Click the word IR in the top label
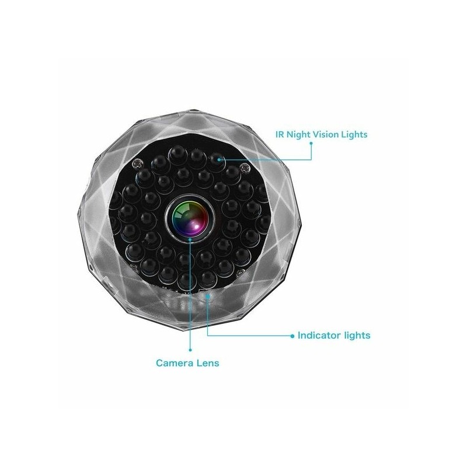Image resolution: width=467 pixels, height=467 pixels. click(x=280, y=134)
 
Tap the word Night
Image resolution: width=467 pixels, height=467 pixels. click(x=298, y=135)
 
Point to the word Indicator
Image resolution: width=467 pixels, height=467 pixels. click(x=319, y=335)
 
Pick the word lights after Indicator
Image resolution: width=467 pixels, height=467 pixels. click(x=357, y=336)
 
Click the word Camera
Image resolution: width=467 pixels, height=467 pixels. click(x=175, y=363)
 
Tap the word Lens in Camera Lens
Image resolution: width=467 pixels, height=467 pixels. click(x=208, y=363)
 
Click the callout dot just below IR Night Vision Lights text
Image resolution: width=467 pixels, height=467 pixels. click(x=311, y=143)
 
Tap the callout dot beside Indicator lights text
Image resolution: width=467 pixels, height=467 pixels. click(x=292, y=336)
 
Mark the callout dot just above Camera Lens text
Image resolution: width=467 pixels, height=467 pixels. click(x=190, y=350)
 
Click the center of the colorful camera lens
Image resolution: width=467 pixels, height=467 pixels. click(x=190, y=216)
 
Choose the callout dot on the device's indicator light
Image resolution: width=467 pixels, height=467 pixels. click(x=208, y=296)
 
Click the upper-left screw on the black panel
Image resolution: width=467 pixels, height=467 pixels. click(x=138, y=163)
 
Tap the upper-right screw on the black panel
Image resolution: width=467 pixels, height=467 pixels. click(x=245, y=167)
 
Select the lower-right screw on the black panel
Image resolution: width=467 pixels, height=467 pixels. click(x=241, y=272)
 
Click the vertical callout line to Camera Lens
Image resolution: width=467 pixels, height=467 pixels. click(x=190, y=294)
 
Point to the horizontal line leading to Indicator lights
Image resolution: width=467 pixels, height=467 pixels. click(x=250, y=336)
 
